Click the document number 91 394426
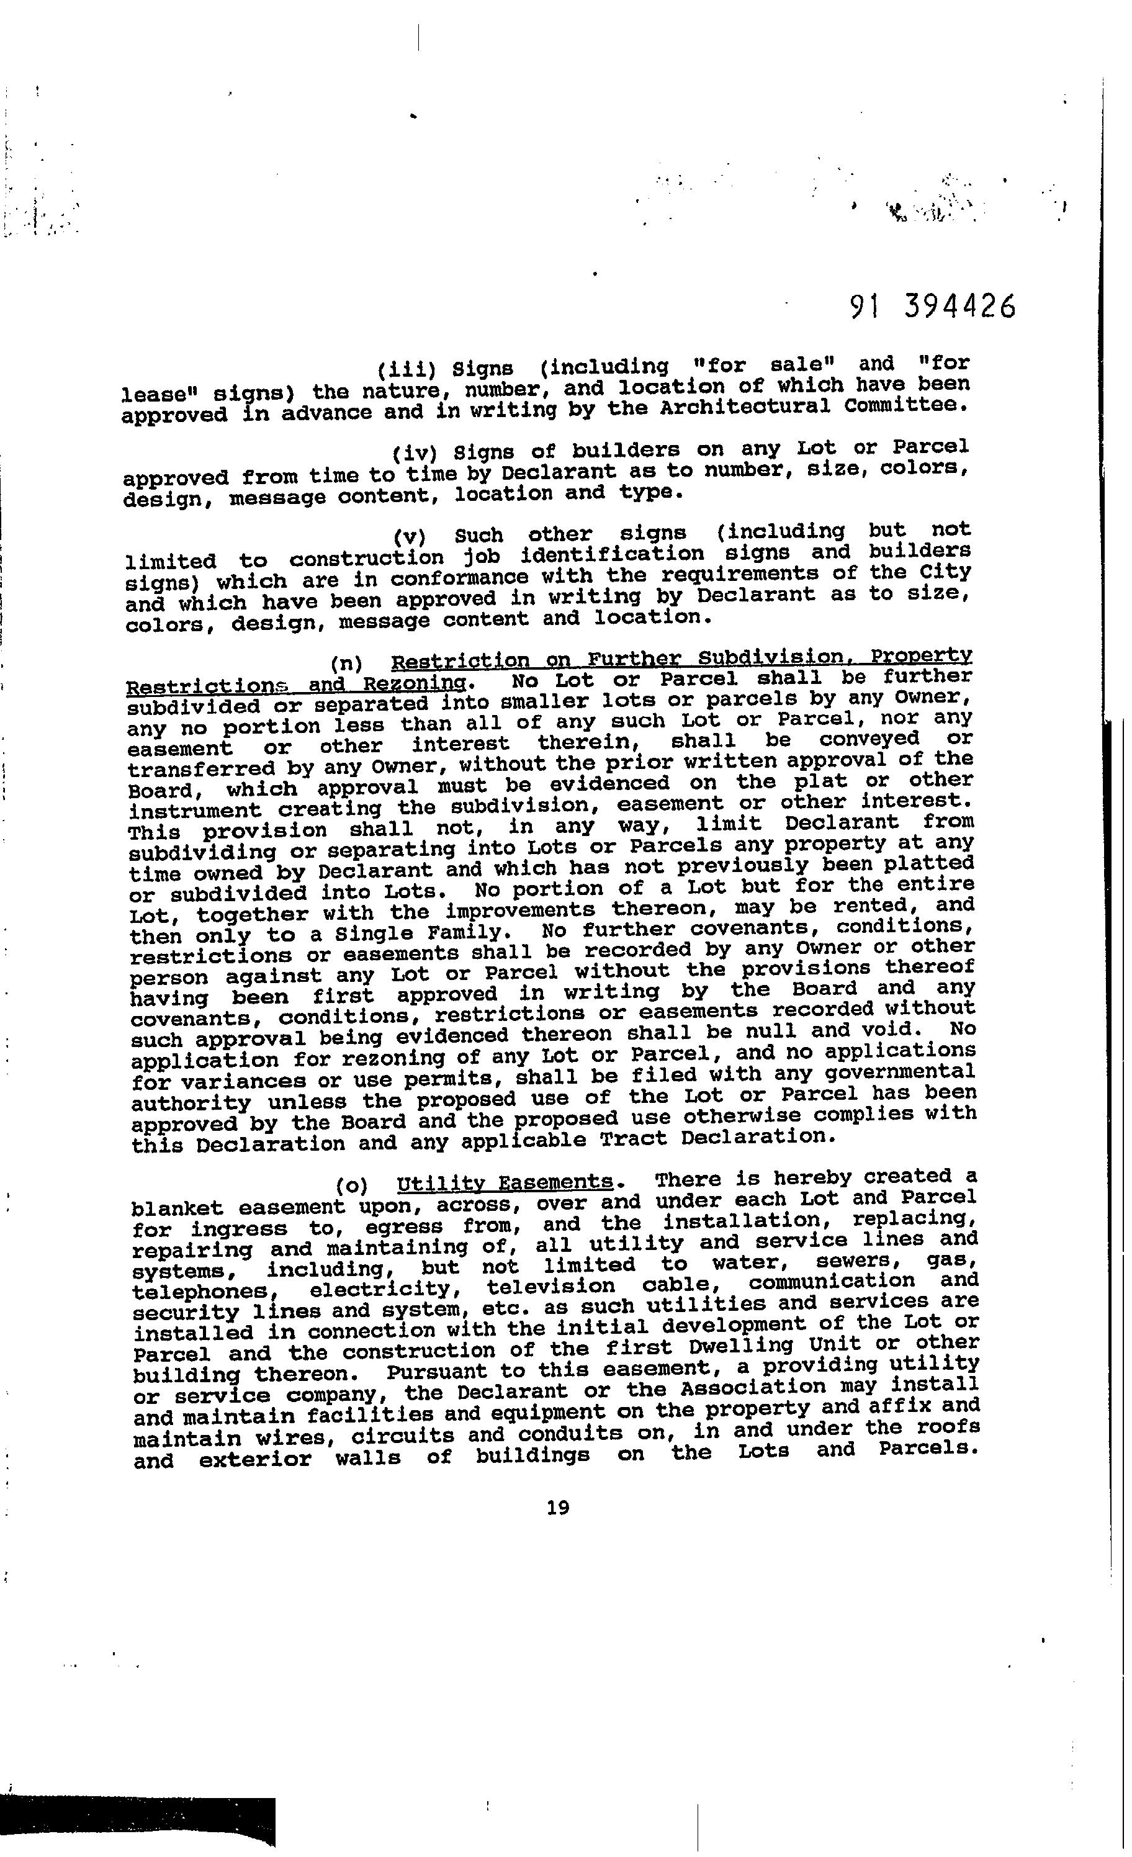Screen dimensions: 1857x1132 [932, 305]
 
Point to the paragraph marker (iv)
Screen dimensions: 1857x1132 [415, 454]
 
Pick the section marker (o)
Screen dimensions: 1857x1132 [352, 1185]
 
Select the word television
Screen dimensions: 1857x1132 [551, 1286]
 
